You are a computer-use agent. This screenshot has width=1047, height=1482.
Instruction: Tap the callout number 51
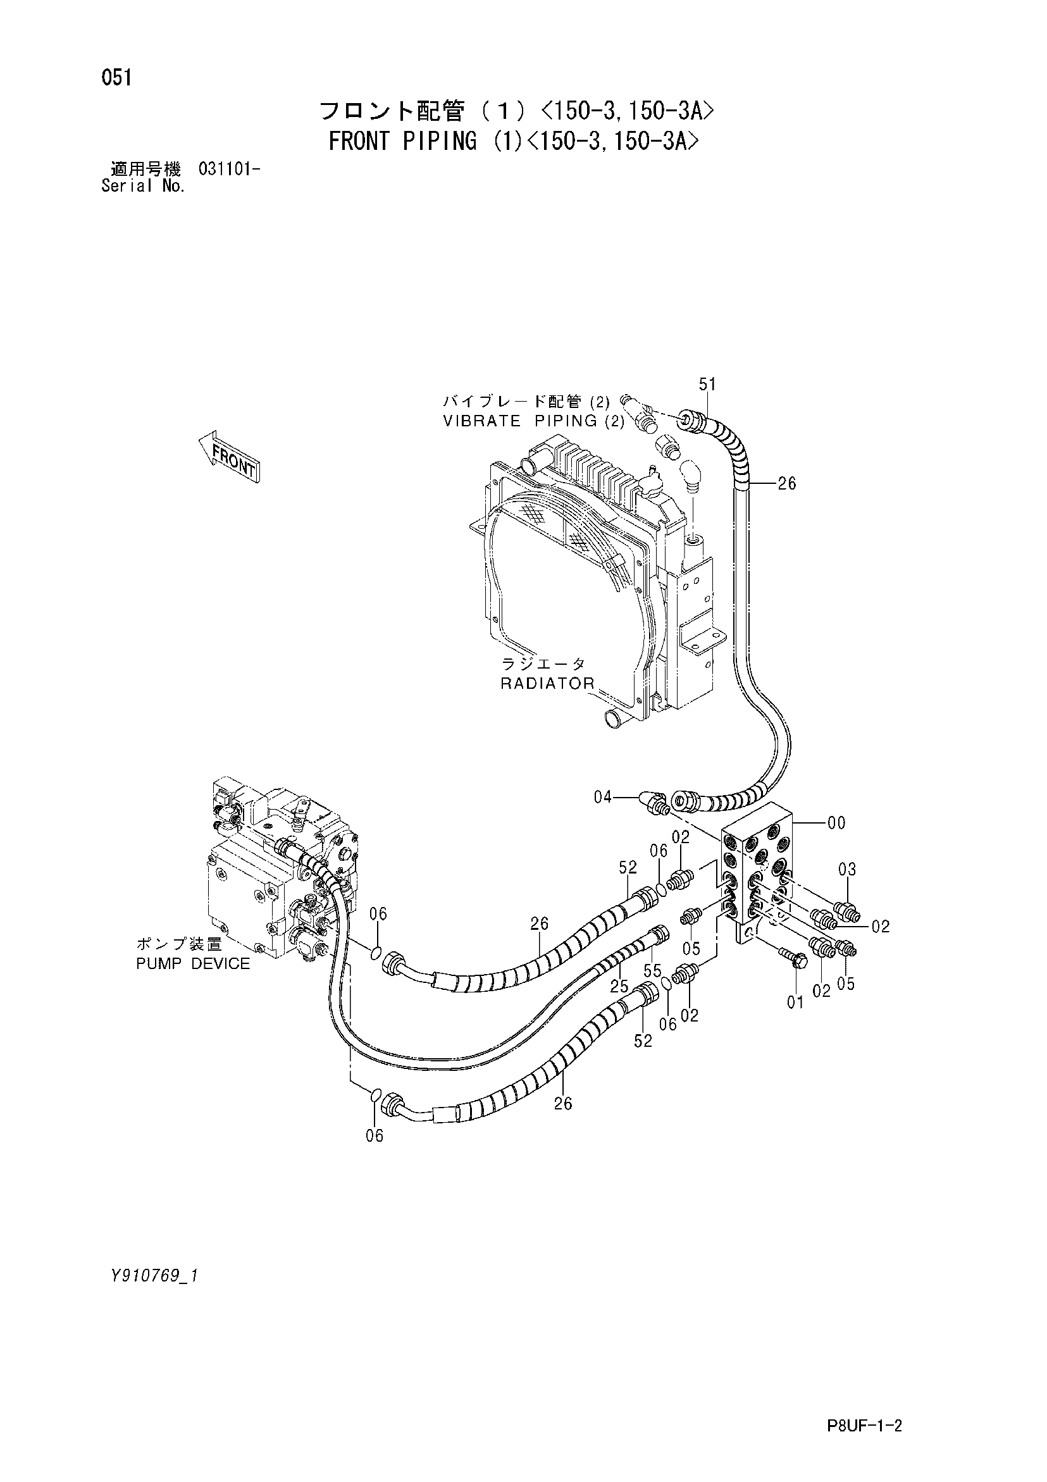coord(707,384)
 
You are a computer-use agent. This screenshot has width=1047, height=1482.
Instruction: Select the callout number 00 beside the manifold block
coord(836,823)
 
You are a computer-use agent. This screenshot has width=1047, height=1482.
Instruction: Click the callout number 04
coord(603,798)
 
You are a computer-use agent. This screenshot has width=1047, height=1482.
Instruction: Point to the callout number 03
coord(847,870)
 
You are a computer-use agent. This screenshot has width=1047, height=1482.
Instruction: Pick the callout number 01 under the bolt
coord(796,1002)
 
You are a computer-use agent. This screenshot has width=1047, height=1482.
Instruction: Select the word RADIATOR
coord(547,684)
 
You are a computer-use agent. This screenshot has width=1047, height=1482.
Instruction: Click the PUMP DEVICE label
coord(193,964)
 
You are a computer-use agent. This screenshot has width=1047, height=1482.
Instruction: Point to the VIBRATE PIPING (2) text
coord(534,421)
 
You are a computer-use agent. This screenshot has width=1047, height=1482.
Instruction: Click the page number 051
coord(116,78)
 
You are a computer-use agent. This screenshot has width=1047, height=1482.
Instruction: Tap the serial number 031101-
coord(230,170)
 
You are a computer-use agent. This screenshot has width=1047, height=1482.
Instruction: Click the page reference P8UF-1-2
coord(863,1407)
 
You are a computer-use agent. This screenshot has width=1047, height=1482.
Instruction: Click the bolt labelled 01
coord(793,956)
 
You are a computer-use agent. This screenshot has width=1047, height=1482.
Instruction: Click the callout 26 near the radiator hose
coord(786,483)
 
